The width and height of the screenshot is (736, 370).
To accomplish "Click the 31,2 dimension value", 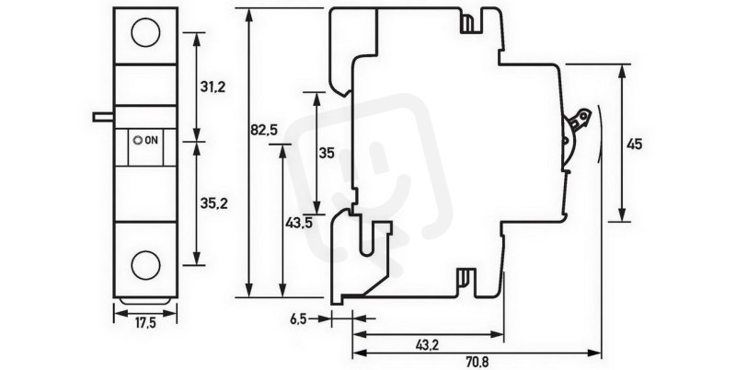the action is (213, 87).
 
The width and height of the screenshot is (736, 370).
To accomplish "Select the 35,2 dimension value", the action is (213, 203).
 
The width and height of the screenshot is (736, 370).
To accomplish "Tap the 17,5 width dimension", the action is (145, 323).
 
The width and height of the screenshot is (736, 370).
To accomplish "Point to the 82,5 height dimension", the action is (264, 130).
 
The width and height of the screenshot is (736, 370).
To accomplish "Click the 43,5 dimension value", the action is (299, 223).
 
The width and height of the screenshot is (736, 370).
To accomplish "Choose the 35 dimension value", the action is (327, 153).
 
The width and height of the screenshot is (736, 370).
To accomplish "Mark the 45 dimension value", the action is (634, 145).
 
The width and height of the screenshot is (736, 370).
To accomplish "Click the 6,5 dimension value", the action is (298, 319).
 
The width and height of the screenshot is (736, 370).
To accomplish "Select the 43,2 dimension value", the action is (428, 345).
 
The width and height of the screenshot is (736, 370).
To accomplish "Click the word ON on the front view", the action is (152, 140).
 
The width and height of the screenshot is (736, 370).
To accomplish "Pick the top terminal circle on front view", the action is (145, 33).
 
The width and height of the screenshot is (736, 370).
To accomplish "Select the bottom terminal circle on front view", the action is (145, 265).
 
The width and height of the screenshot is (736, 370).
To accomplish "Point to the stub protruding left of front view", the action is (103, 117).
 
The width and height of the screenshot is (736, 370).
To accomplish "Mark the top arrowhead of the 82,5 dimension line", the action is (250, 15).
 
